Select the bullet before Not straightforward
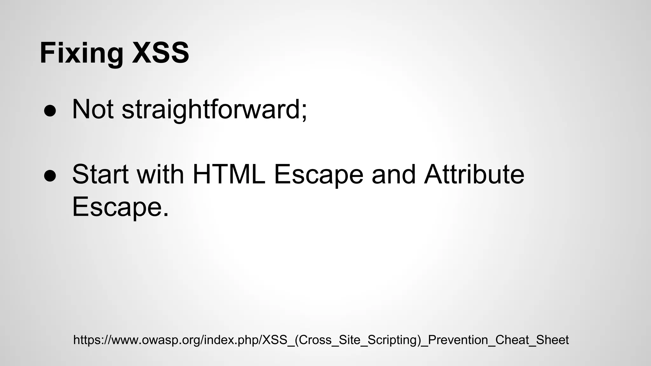coord(50,111)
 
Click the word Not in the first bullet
coord(93,110)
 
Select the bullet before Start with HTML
coord(50,176)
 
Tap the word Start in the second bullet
coord(100,174)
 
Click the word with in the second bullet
coord(161,174)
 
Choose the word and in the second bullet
coord(394,174)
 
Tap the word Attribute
coord(474,174)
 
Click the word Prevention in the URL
coord(458,340)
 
